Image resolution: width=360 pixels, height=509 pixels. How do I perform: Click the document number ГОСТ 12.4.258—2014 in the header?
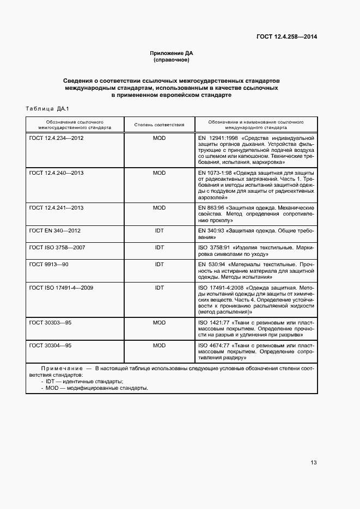pyautogui.click(x=286, y=37)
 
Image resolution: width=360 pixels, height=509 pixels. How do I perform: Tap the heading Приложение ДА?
pyautogui.click(x=172, y=53)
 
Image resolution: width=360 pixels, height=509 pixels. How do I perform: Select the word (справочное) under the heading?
pyautogui.click(x=172, y=60)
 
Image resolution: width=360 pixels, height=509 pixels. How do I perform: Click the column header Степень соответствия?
pyautogui.click(x=159, y=125)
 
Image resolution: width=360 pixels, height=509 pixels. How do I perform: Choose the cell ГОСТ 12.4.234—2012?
pyautogui.click(x=56, y=138)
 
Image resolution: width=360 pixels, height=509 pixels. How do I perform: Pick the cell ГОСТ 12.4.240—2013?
pyautogui.click(x=56, y=173)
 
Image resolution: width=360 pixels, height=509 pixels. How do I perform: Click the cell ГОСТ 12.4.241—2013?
pyautogui.click(x=56, y=207)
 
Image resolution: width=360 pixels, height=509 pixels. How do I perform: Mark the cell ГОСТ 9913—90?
pyautogui.click(x=49, y=263)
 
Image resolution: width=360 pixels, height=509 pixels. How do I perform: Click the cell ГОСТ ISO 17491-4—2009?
pyautogui.click(x=61, y=287)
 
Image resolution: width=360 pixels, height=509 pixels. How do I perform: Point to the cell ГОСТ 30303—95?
pyautogui.click(x=50, y=323)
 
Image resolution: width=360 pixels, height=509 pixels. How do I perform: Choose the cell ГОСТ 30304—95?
pyautogui.click(x=50, y=345)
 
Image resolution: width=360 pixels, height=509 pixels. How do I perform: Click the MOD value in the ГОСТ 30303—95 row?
pyautogui.click(x=159, y=323)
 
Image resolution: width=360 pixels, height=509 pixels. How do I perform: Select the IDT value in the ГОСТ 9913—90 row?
pyautogui.click(x=159, y=263)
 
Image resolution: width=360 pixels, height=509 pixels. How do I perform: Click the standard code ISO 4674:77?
pyautogui.click(x=212, y=345)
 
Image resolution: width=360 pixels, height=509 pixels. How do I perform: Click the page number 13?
pyautogui.click(x=313, y=463)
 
